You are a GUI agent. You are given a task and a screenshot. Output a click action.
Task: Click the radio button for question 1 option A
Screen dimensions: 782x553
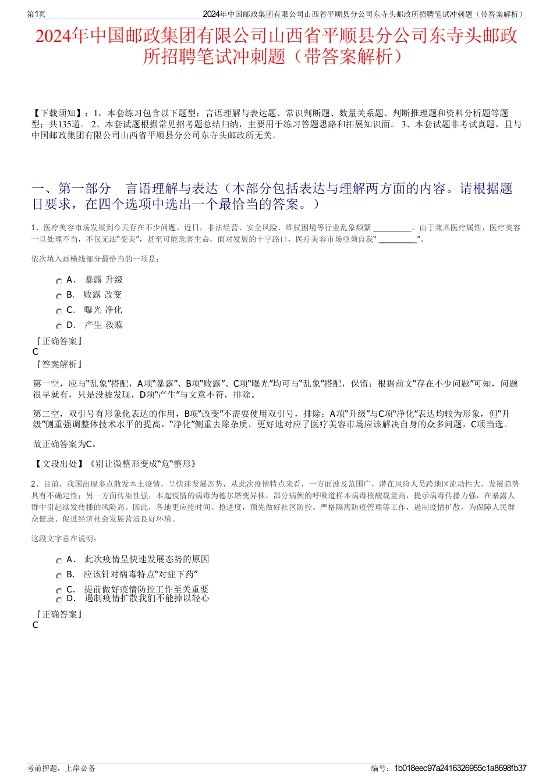click(59, 281)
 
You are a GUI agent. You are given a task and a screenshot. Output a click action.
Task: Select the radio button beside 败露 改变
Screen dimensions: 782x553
click(59, 297)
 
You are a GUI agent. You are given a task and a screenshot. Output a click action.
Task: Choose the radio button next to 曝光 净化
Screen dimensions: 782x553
click(59, 312)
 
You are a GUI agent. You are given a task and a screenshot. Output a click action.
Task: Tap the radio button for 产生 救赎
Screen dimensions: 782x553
click(59, 327)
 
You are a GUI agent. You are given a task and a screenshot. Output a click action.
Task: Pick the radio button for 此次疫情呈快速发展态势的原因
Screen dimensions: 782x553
click(59, 561)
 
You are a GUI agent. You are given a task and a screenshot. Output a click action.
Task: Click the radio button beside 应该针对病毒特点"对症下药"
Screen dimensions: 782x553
click(59, 576)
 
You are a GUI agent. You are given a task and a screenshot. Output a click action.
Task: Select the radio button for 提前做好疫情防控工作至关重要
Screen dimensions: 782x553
click(59, 591)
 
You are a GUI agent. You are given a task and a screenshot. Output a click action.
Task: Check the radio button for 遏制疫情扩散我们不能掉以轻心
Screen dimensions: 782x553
click(59, 600)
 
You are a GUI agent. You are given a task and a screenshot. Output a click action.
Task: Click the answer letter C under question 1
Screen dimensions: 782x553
click(36, 352)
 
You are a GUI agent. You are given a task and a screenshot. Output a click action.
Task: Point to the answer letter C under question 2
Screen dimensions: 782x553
click(36, 625)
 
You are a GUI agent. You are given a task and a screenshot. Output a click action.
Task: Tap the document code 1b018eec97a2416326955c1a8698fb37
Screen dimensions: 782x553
click(460, 768)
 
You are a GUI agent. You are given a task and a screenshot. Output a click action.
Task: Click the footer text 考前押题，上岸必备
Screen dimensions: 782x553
click(61, 768)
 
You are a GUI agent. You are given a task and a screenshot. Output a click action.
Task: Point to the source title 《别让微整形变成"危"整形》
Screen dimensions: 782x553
click(143, 463)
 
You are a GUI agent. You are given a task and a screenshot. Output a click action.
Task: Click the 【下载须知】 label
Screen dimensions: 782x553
click(57, 113)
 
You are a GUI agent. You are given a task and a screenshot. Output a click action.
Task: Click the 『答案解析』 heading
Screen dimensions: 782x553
click(58, 365)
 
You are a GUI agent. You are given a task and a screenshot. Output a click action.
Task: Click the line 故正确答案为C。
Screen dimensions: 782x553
click(65, 444)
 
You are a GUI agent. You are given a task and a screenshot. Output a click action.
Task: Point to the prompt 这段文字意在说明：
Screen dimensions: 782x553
click(65, 538)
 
